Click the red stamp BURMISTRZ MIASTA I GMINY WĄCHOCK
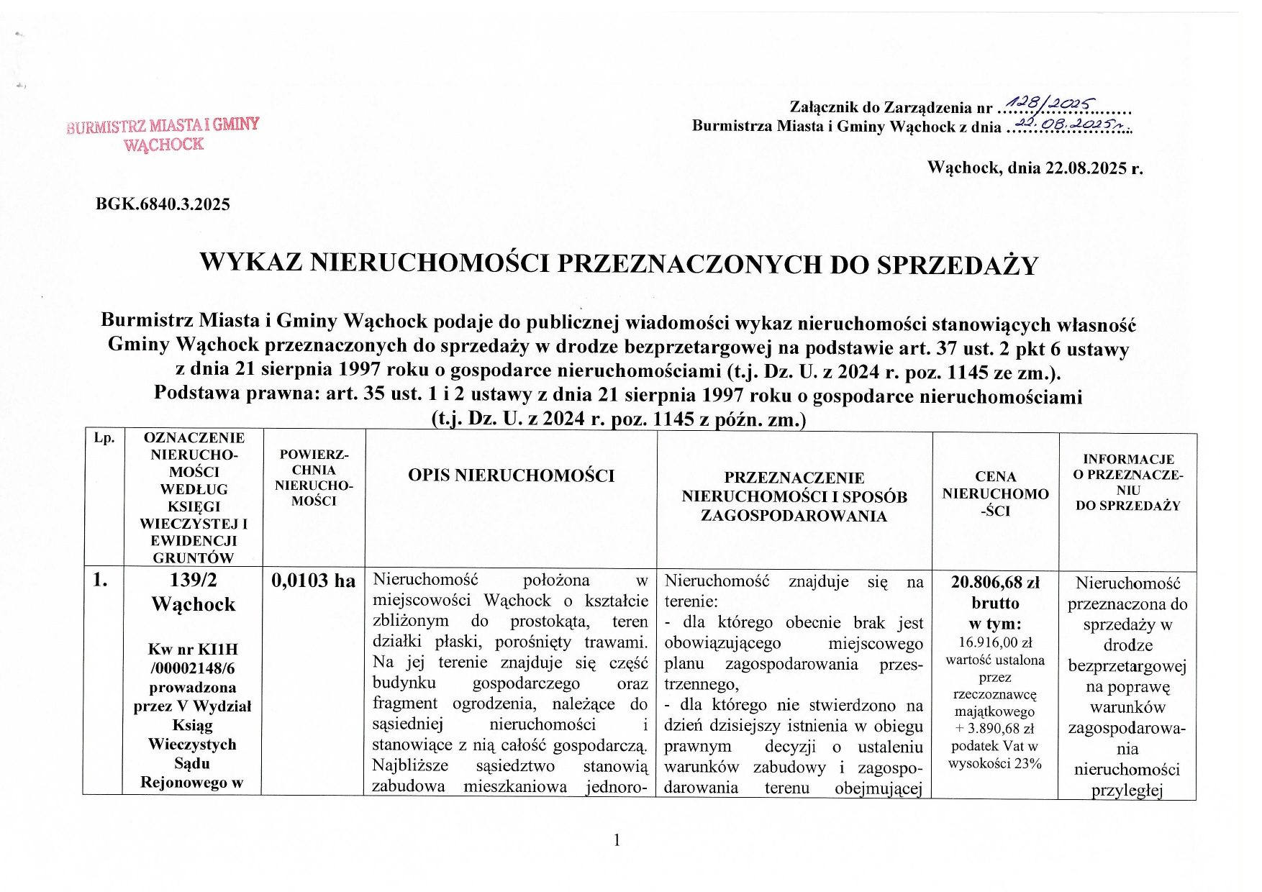(163, 135)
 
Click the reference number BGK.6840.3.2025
(163, 204)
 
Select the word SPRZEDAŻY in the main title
(957, 265)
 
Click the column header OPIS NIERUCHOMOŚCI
(511, 475)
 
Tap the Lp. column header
(104, 438)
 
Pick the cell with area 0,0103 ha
(313, 581)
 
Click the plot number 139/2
(194, 580)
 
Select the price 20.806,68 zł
(995, 583)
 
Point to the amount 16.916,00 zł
(995, 642)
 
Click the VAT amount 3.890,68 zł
(999, 728)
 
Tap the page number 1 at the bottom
(617, 839)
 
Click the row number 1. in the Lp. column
(101, 580)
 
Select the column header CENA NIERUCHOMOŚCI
(995, 493)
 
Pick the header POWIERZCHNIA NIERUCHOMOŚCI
(314, 478)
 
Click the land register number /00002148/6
(193, 668)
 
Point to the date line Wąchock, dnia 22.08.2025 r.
(1035, 168)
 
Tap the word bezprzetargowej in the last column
(1127, 666)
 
